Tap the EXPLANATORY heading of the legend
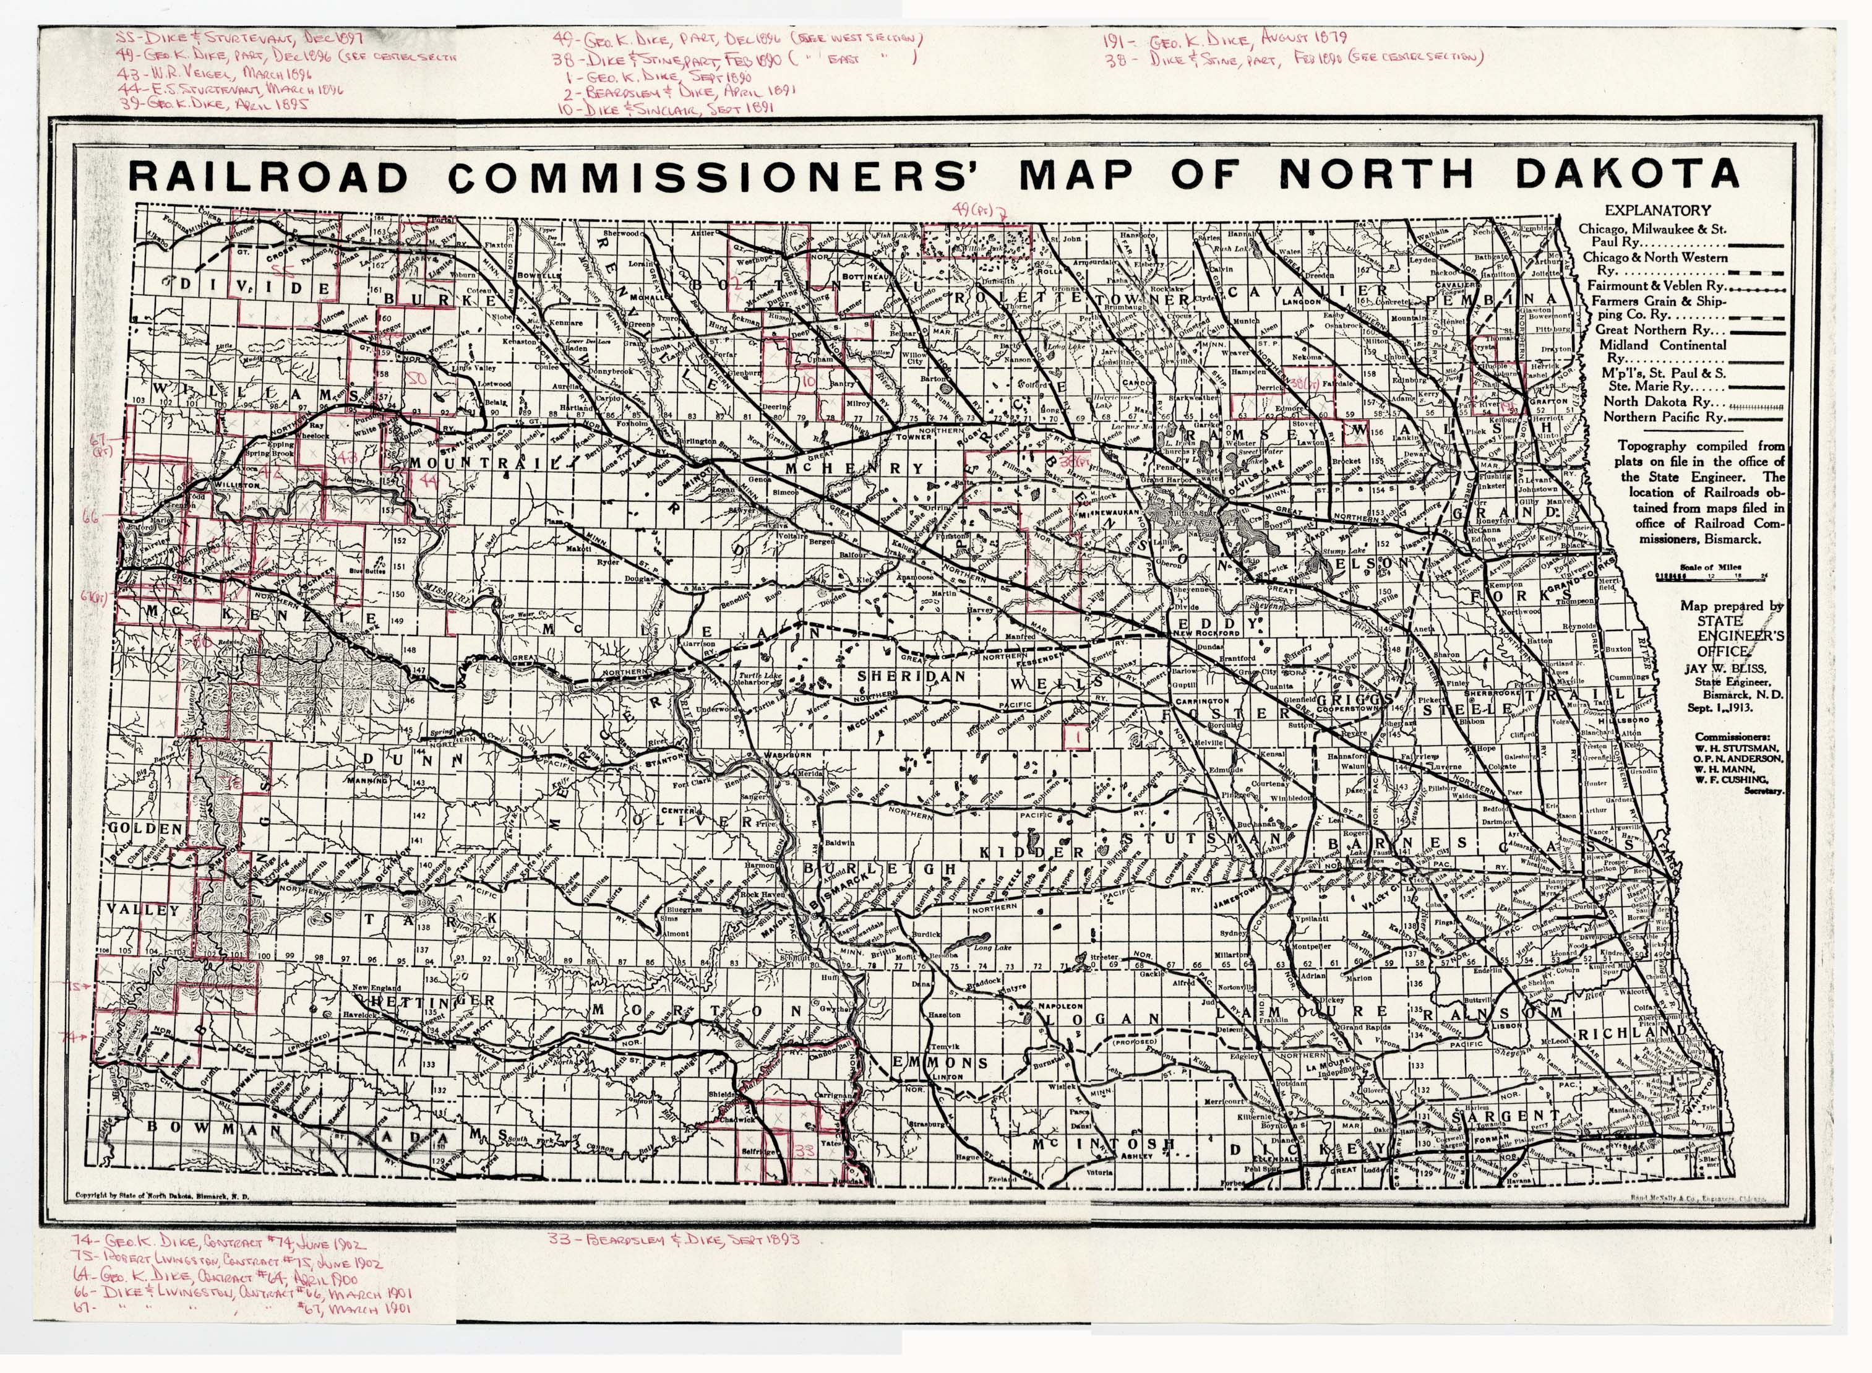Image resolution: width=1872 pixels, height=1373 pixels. tap(1657, 210)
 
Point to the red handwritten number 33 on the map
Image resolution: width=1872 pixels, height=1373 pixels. tap(804, 1150)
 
